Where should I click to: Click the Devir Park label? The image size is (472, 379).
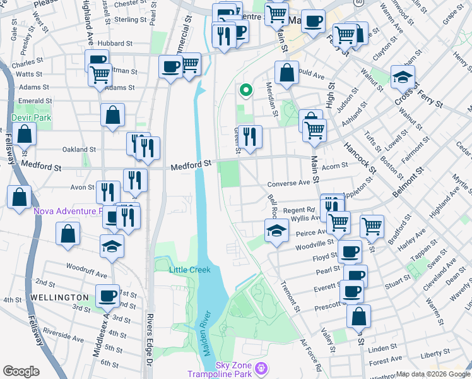point(31,117)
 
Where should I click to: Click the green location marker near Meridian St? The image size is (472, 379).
point(245,91)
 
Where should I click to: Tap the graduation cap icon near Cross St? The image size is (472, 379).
point(403,77)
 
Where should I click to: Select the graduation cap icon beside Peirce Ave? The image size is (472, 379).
point(276,231)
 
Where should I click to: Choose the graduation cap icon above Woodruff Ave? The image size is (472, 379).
point(112,246)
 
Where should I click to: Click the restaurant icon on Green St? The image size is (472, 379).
point(250,136)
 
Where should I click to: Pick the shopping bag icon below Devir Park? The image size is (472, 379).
point(24,134)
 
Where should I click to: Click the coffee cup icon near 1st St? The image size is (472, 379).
point(108,295)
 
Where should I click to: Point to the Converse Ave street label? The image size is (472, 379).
point(289,184)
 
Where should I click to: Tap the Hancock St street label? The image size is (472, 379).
point(360,158)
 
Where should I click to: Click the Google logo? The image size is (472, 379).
point(21,371)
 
